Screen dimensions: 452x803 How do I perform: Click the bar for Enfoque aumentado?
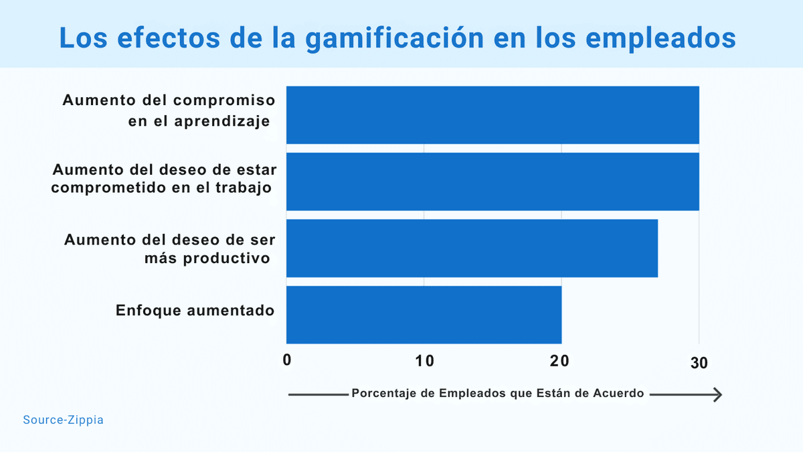[424, 315]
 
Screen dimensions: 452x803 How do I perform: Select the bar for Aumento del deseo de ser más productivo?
[472, 248]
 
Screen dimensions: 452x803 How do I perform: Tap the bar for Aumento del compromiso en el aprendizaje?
[493, 115]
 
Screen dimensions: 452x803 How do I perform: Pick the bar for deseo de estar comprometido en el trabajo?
[493, 181]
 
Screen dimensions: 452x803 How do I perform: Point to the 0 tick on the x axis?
[287, 361]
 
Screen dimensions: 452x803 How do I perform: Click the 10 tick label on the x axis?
[425, 361]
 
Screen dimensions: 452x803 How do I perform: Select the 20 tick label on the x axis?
[560, 361]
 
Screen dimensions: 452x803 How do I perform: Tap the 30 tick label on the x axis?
[699, 362]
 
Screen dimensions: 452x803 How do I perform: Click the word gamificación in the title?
[394, 38]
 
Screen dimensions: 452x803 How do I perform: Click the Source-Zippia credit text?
[63, 421]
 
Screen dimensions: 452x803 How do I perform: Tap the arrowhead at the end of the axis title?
[717, 395]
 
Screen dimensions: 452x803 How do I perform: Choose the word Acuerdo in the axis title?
[618, 394]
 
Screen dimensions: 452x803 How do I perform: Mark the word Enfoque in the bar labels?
[146, 311]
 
